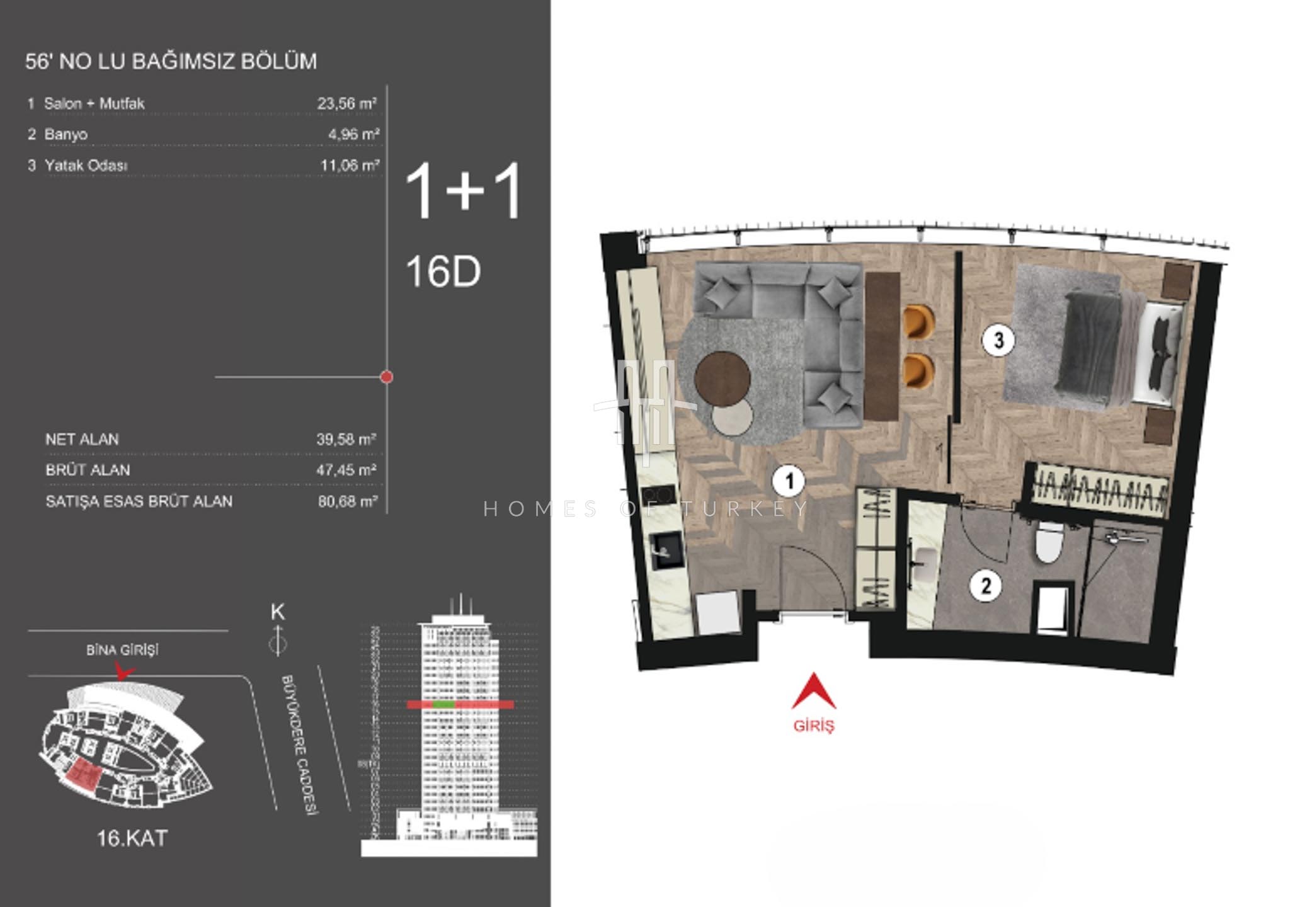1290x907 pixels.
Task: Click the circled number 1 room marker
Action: (789, 482)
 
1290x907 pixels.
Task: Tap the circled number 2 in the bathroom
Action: (986, 586)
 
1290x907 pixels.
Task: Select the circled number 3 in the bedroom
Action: (998, 341)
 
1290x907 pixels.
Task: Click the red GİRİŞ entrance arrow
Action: (814, 691)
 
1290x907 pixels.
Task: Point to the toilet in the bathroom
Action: (1049, 542)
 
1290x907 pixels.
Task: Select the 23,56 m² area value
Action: (347, 103)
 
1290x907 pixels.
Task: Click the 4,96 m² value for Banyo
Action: (354, 134)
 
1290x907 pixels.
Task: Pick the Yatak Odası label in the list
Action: (86, 166)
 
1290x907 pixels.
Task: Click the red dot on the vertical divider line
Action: (387, 377)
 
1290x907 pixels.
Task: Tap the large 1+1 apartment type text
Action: (464, 190)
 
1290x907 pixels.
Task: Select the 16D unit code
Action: (443, 272)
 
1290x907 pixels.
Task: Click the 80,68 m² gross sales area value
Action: (348, 501)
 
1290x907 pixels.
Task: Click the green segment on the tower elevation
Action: (444, 705)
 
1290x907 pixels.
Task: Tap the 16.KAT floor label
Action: (132, 838)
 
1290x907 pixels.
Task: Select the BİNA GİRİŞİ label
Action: (122, 650)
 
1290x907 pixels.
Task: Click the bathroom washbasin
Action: (923, 564)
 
